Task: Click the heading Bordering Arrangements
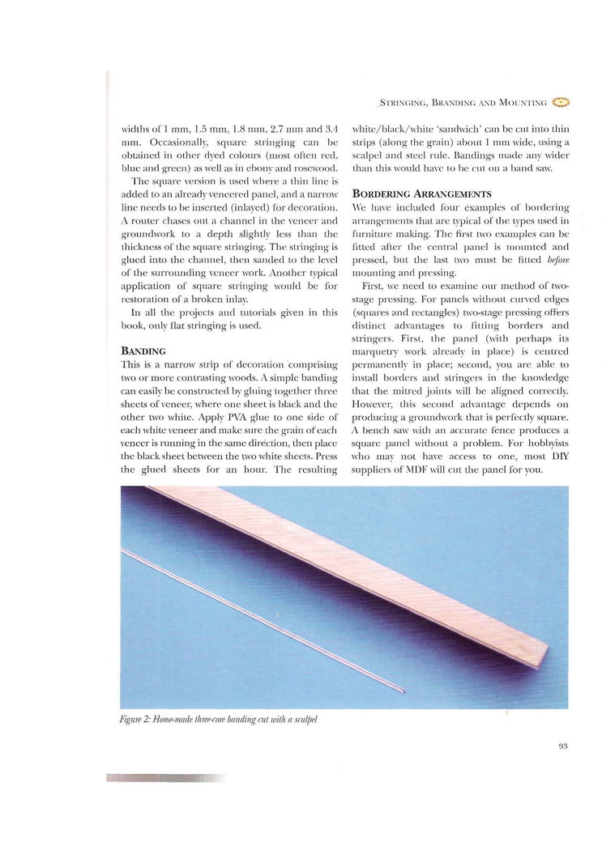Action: click(422, 194)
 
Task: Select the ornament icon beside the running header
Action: click(561, 102)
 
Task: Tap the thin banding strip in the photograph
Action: click(259, 619)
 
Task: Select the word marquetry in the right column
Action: click(380, 354)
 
